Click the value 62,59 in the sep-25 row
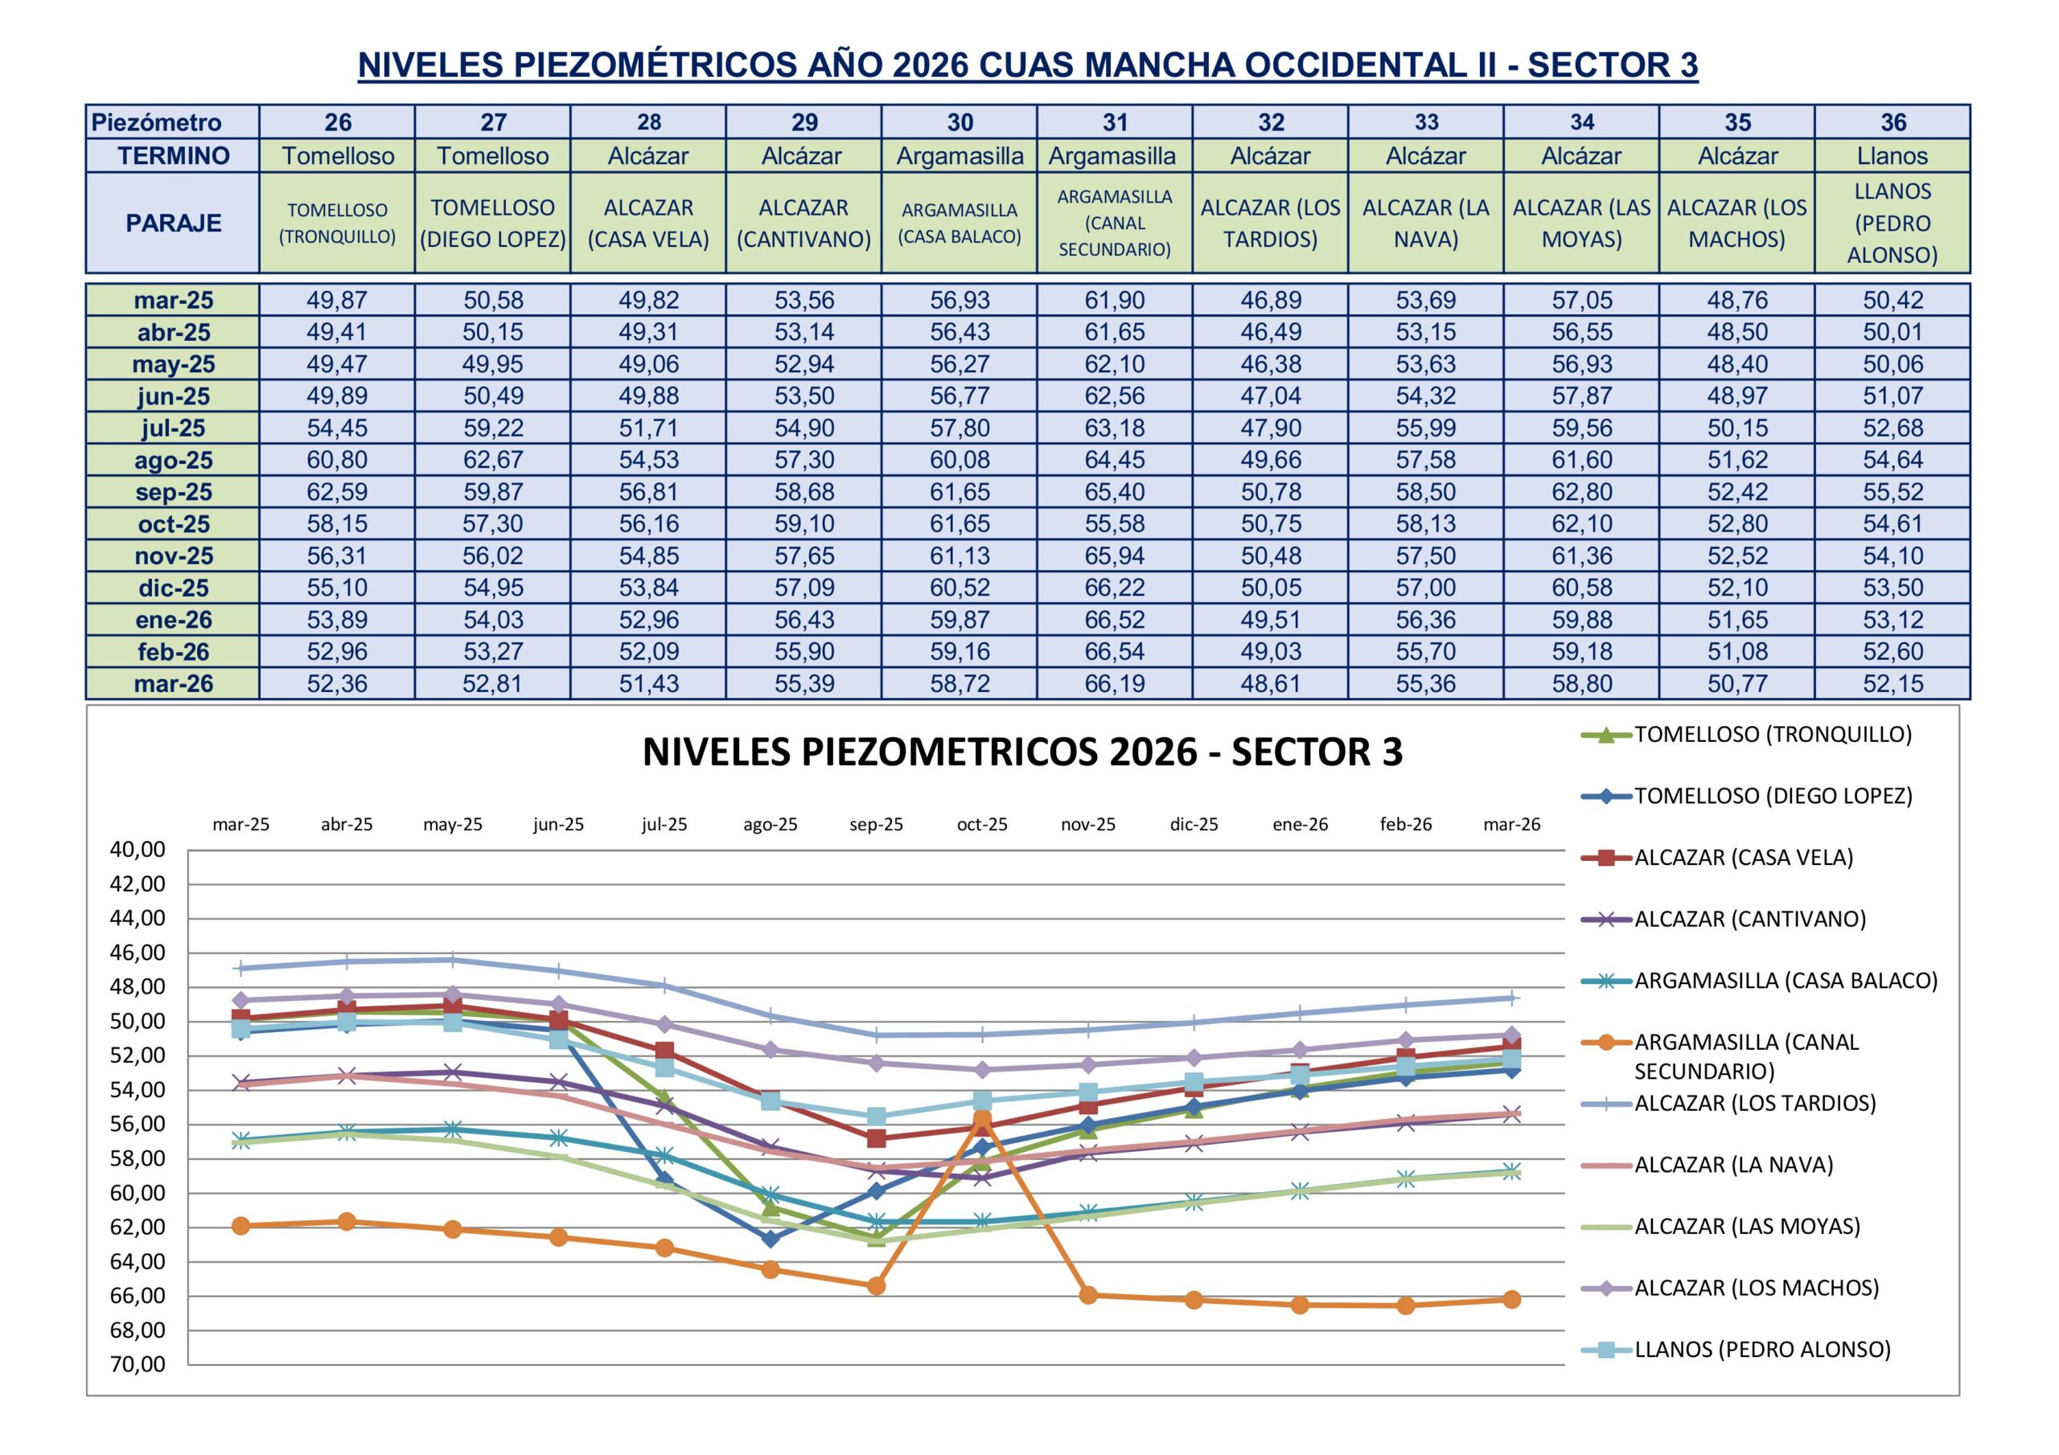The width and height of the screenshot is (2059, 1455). pos(337,492)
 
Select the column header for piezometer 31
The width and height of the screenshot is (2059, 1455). pos(1115,122)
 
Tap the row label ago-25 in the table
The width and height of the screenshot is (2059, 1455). pos(173,460)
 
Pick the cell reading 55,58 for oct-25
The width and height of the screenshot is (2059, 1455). pos(1115,523)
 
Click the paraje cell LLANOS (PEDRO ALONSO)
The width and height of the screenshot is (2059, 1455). pos(1893,223)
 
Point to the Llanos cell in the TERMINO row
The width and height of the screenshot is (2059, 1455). pos(1893,156)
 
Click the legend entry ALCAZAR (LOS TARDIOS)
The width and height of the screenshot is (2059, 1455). pos(1754,1103)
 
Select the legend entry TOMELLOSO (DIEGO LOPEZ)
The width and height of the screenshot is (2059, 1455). pos(1772,796)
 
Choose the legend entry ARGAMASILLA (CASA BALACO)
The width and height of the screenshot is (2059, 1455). pos(1785,981)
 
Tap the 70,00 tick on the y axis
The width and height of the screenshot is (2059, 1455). pos(138,1364)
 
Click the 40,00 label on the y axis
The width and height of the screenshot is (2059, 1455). pos(138,849)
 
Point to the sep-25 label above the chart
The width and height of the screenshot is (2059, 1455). pos(876,825)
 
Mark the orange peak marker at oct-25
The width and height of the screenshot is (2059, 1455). pos(982,1119)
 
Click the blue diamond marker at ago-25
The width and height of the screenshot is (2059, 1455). pos(771,1239)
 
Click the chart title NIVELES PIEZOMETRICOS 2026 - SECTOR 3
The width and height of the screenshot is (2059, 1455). pos(1022,752)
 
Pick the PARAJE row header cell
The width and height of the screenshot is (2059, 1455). pos(173,223)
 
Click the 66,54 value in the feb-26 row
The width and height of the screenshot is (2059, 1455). pos(1115,652)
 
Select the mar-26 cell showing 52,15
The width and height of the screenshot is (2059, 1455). pos(1893,684)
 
